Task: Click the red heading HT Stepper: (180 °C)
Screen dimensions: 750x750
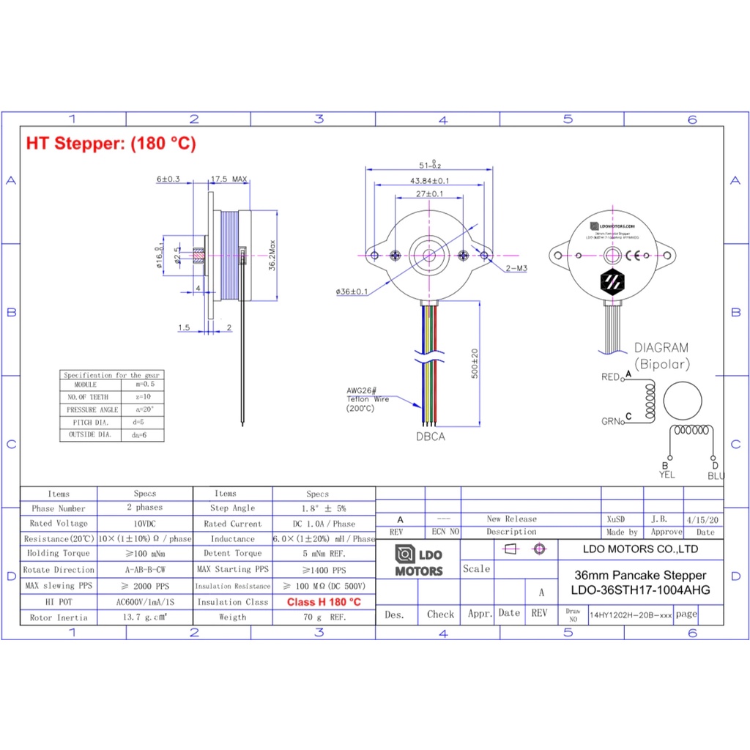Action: pos(111,144)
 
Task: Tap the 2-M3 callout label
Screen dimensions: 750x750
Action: pos(516,268)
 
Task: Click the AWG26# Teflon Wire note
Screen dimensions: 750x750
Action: pos(368,399)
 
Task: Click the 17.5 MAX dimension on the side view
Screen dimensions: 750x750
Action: pos(229,179)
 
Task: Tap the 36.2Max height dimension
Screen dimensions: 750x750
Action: pos(272,254)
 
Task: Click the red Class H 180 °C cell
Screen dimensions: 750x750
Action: pos(323,602)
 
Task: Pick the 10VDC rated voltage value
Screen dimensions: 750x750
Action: pos(144,524)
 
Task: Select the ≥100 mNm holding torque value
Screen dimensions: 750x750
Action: pos(144,554)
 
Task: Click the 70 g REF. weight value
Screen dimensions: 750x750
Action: pos(323,617)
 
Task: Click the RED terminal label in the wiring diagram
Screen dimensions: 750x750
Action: pos(610,377)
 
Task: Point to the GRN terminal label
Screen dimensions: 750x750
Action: pos(611,421)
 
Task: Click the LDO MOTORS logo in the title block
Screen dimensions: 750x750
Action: pos(418,561)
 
